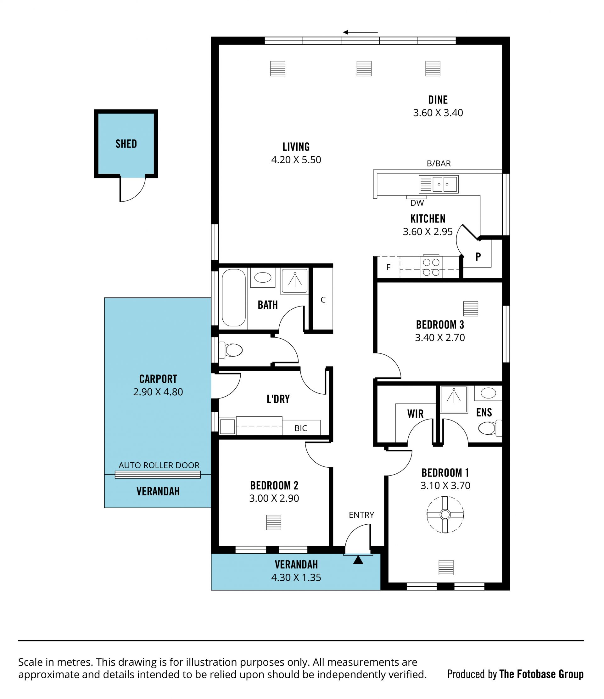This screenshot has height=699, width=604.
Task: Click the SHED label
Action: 126,144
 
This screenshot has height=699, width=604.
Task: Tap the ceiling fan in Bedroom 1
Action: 445,515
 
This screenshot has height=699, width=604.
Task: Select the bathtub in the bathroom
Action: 234,297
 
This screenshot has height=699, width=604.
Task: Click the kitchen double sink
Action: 439,184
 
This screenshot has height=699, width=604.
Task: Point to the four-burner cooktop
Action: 431,267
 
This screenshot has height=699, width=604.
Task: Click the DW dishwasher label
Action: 417,203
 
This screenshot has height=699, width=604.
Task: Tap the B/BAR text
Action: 439,163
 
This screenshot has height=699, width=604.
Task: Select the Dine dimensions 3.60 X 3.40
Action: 438,113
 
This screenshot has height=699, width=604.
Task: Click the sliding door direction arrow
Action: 360,32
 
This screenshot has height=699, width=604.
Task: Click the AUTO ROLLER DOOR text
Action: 159,465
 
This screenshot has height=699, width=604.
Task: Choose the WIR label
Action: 415,414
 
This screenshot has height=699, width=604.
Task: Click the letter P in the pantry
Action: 478,257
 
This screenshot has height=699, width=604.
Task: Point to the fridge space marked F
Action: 389,267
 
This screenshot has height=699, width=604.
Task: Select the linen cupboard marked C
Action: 322,299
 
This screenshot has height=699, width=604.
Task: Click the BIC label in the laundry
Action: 301,428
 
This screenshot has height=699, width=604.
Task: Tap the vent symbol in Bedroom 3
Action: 471,309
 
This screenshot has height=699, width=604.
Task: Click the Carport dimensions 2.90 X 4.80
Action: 158,392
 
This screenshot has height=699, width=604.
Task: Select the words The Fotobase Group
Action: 541,674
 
